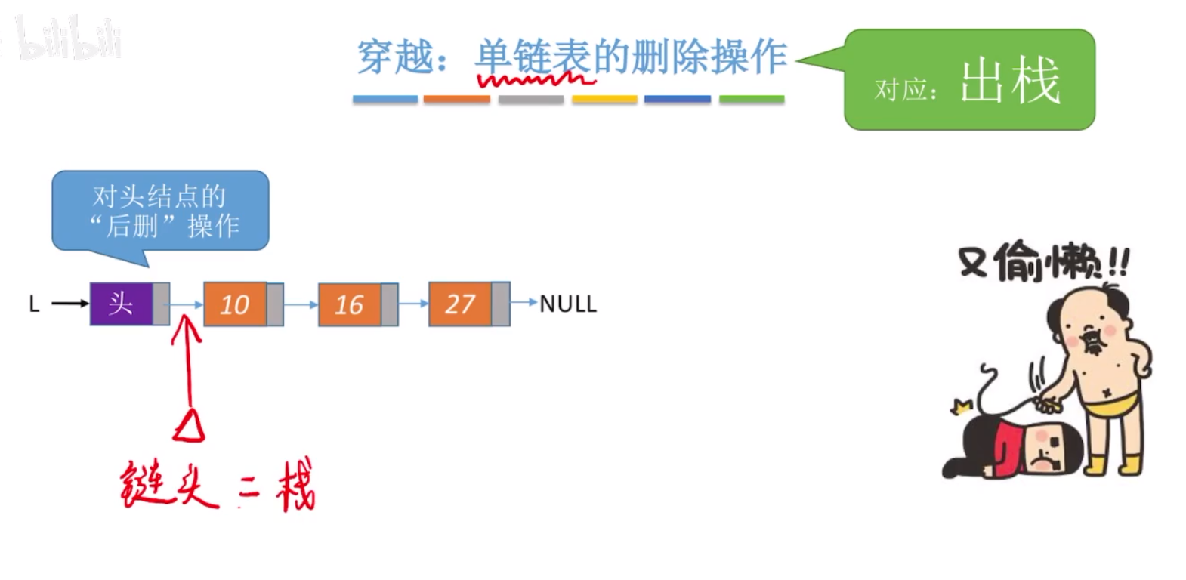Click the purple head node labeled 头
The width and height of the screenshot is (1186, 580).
(122, 304)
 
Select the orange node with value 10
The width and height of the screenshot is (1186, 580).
(235, 304)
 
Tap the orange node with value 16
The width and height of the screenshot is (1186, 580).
(349, 304)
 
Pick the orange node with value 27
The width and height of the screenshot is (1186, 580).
(460, 304)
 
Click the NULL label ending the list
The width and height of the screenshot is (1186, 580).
(568, 304)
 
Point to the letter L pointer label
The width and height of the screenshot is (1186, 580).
(34, 304)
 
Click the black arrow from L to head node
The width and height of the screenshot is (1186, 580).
(69, 304)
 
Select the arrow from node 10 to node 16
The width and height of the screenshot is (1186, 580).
(301, 304)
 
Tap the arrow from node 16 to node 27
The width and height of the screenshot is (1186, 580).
(413, 304)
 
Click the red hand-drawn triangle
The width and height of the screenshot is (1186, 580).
(190, 426)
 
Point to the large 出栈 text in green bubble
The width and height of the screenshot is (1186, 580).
(1010, 82)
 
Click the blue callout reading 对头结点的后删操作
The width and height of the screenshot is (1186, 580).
(160, 211)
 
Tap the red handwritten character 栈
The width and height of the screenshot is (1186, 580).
(295, 485)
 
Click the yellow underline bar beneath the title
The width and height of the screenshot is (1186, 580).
(604, 99)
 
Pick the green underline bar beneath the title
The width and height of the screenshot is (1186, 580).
(752, 99)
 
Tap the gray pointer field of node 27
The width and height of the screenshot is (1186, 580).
(500, 304)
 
